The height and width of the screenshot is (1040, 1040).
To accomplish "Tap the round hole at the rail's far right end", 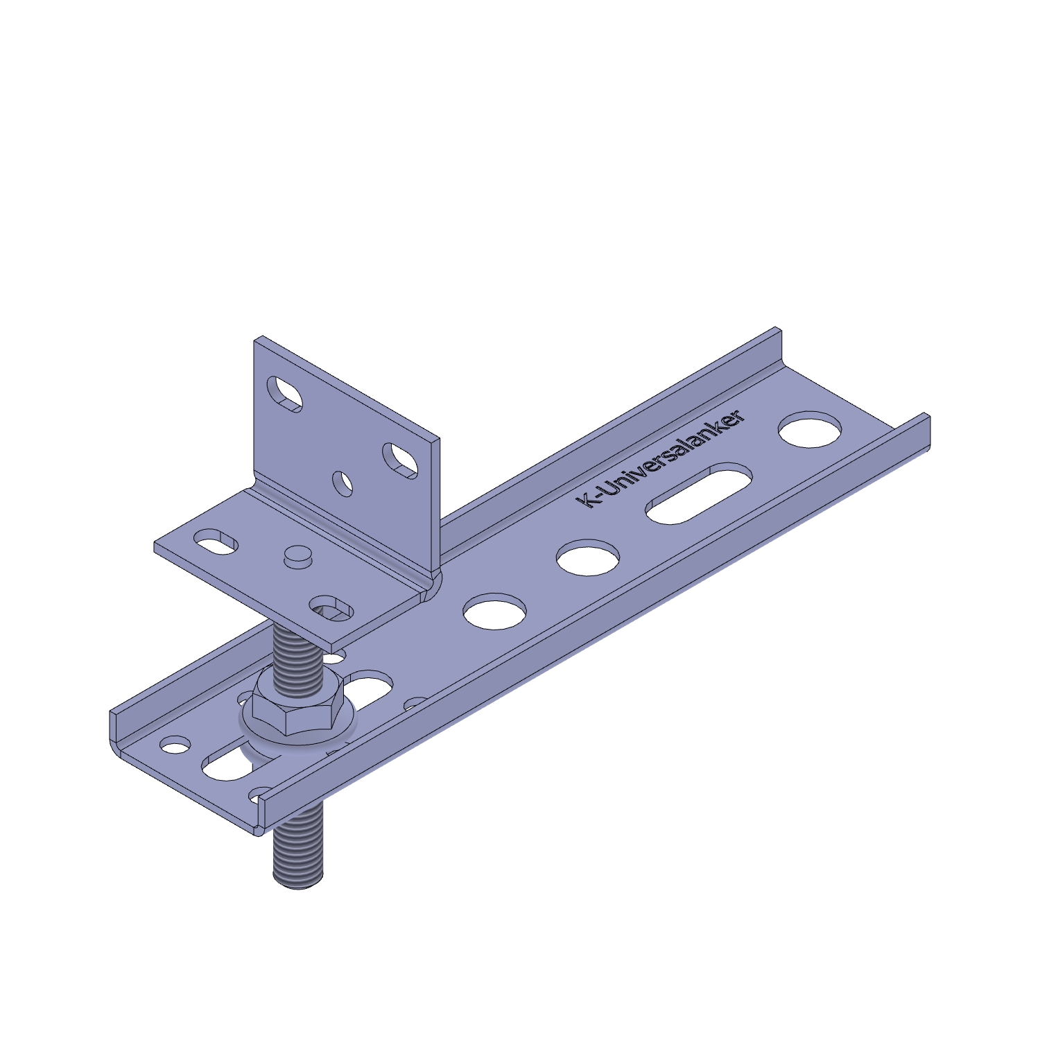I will click(x=810, y=429).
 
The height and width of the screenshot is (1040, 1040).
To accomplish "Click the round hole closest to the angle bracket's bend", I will click(x=494, y=611).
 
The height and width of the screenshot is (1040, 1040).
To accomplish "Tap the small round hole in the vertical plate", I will click(x=343, y=483).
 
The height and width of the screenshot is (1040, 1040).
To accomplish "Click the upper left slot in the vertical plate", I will click(x=285, y=393).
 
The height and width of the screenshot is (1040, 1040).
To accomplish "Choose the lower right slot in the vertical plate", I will click(x=400, y=460).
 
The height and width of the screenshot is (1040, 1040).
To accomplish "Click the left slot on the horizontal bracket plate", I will click(x=215, y=541).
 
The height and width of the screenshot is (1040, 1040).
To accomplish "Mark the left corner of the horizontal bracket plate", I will click(x=155, y=546).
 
